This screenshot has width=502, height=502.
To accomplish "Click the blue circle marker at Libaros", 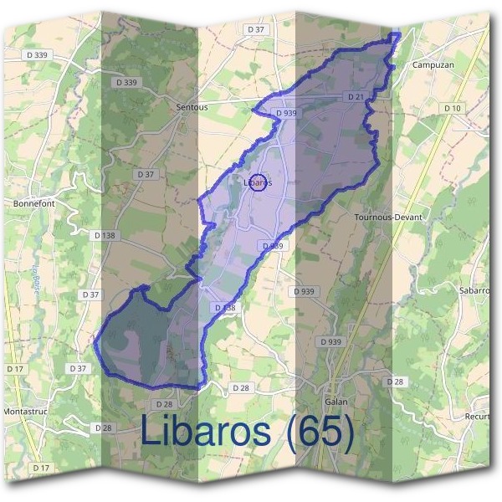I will click(259, 182).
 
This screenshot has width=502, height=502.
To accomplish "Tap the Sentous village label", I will click(192, 108).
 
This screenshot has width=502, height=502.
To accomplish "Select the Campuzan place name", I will click(433, 64).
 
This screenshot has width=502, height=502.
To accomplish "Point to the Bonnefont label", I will click(33, 203).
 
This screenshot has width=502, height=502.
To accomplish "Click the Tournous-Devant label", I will click(388, 217).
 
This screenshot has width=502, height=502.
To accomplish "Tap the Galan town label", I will click(336, 401).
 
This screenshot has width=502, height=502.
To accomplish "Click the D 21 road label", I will click(356, 98).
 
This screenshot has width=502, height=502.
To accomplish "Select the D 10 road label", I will click(453, 108).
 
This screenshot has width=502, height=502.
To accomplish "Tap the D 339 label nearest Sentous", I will click(125, 83).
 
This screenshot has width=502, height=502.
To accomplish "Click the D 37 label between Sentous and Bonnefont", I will click(146, 174).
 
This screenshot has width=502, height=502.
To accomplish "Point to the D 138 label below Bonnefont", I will click(104, 236).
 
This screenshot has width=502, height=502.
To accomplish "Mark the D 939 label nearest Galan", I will click(330, 342).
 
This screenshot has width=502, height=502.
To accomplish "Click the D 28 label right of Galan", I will click(395, 382).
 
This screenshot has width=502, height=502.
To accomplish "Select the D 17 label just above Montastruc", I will click(15, 369).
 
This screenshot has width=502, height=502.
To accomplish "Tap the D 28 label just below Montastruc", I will click(104, 428).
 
